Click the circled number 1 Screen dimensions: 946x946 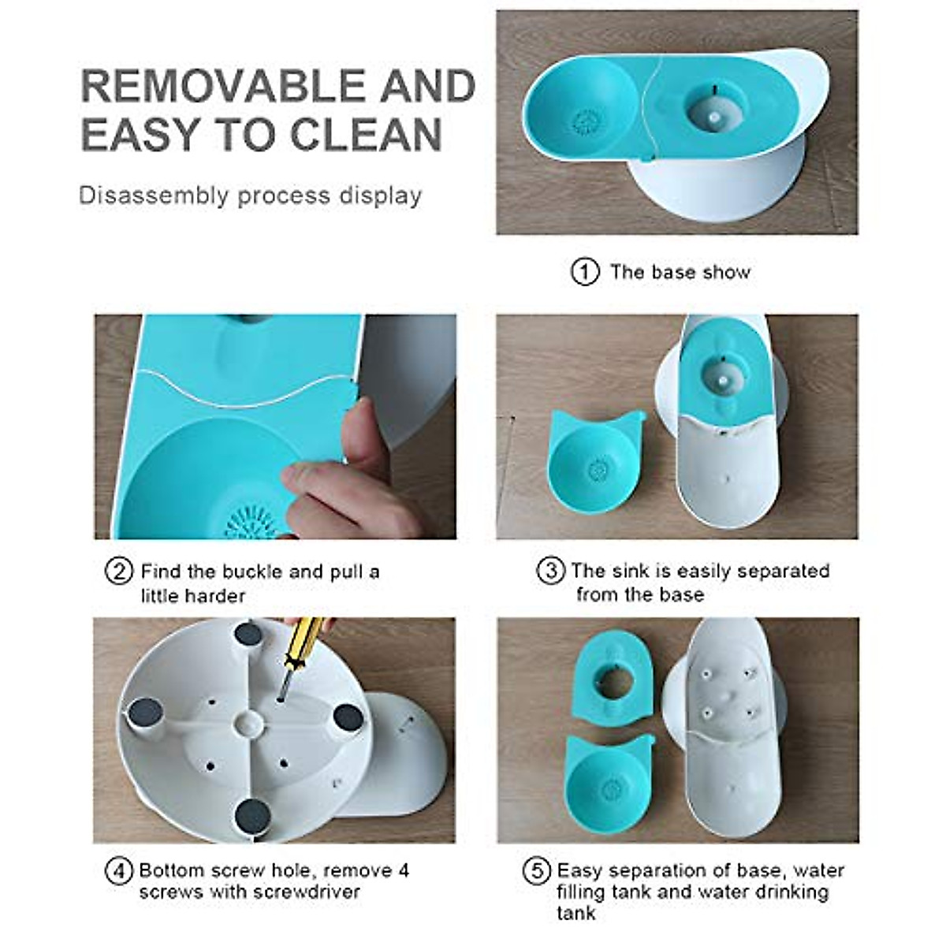click(584, 272)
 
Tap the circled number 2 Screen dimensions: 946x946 click(118, 571)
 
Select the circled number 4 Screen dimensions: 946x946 click(118, 871)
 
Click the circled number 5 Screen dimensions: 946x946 click(537, 871)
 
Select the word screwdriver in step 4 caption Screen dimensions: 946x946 click(307, 892)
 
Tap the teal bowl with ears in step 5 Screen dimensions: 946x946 click(611, 780)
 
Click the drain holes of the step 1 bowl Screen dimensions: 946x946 click(585, 123)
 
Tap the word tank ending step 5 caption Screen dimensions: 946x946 click(575, 913)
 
